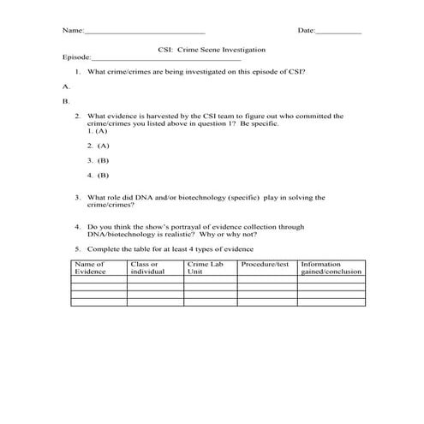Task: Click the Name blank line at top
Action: tap(145, 33)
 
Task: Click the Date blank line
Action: tap(338, 33)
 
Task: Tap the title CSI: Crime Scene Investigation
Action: tap(212, 51)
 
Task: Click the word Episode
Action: tap(76, 58)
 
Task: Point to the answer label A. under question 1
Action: tap(66, 87)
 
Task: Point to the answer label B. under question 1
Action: tap(66, 101)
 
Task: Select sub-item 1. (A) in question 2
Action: tap(97, 131)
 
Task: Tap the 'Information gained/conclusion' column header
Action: tap(331, 267)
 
